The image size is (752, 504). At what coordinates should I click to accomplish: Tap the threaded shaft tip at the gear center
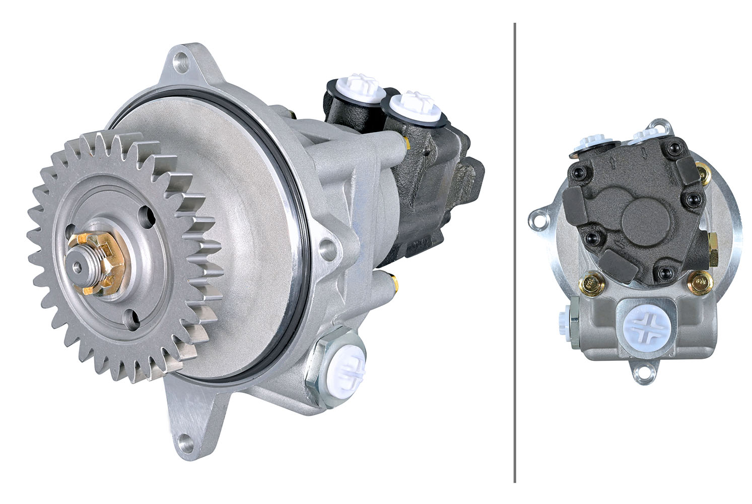click(x=80, y=265)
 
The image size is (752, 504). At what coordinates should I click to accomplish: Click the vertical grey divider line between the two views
click(x=514, y=252)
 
